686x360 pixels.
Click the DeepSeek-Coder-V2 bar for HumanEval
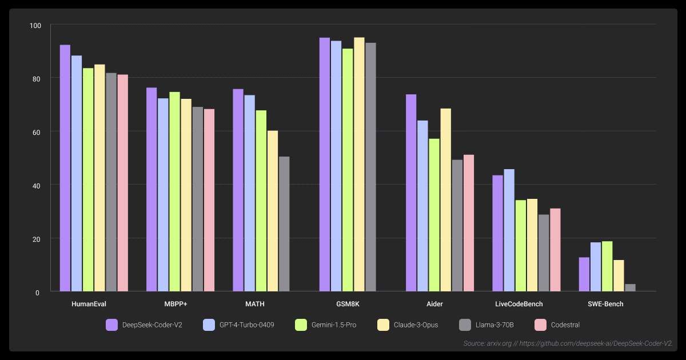(x=65, y=168)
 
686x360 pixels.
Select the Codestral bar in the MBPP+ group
(x=209, y=200)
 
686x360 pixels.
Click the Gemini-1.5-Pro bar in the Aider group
(x=434, y=215)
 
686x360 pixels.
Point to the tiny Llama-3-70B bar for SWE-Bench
(x=630, y=288)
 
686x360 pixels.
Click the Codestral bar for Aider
(x=469, y=223)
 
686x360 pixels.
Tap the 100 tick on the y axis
(x=35, y=26)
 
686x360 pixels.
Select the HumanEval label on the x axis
(x=89, y=304)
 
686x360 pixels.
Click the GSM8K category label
(x=348, y=304)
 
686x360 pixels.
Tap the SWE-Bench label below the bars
(x=605, y=304)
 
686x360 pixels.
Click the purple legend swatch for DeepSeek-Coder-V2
(x=111, y=325)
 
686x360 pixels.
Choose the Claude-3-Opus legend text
(x=416, y=325)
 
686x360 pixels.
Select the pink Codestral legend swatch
(x=540, y=325)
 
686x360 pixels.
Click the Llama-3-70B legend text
(x=494, y=325)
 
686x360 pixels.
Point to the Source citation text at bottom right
(x=568, y=343)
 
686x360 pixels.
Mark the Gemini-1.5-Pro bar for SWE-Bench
(x=607, y=266)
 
